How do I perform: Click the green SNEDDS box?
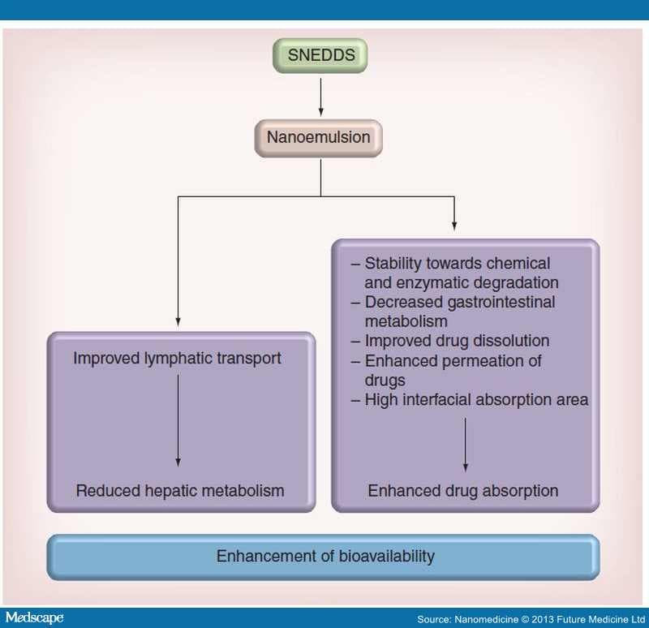click(x=321, y=56)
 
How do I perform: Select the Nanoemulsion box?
click(x=318, y=137)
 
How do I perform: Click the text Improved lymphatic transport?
click(x=177, y=358)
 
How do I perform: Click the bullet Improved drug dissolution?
click(x=457, y=341)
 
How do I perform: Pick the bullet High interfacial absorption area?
click(x=476, y=399)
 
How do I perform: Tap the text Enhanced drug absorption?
click(x=463, y=491)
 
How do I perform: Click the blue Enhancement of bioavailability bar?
click(x=324, y=557)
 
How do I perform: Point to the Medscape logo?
click(x=33, y=618)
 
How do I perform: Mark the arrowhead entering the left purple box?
click(x=178, y=323)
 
